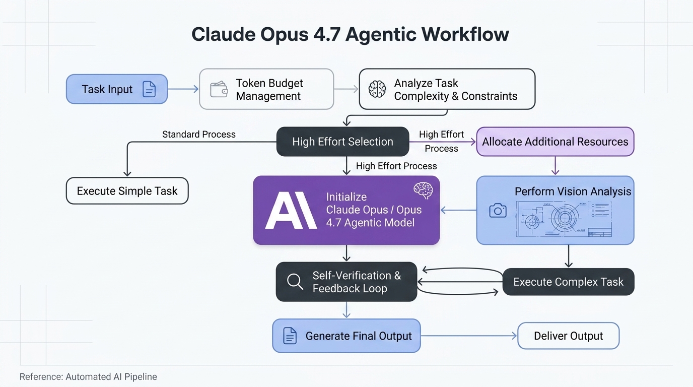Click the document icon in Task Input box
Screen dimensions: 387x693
pyautogui.click(x=149, y=89)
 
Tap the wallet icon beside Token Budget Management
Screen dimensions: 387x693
pyautogui.click(x=219, y=90)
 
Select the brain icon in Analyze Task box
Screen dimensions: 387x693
pyautogui.click(x=377, y=89)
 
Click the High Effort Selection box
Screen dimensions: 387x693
pyautogui.click(x=342, y=142)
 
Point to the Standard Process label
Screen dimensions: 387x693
pyautogui.click(x=198, y=135)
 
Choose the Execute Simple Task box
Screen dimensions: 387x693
pyautogui.click(x=127, y=191)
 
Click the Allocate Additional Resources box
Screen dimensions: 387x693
pyautogui.click(x=555, y=142)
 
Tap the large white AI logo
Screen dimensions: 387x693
pyautogui.click(x=291, y=210)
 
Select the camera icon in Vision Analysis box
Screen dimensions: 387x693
pyautogui.click(x=498, y=211)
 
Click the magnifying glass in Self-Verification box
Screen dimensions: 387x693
pyautogui.click(x=295, y=282)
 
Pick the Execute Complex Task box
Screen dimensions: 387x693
pyautogui.click(x=568, y=282)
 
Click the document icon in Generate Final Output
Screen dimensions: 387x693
pyautogui.click(x=290, y=336)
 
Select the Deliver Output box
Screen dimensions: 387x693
pyautogui.click(x=568, y=336)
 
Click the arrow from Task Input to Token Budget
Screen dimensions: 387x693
pyautogui.click(x=183, y=89)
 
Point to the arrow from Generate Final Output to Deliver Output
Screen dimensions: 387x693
pyautogui.click(x=468, y=336)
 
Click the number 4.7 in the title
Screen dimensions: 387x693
pyautogui.click(x=328, y=34)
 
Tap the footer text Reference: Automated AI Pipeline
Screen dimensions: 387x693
pyautogui.click(x=88, y=377)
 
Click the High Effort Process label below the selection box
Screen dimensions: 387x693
pyautogui.click(x=396, y=166)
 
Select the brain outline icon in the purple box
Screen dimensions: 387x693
pyautogui.click(x=423, y=190)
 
